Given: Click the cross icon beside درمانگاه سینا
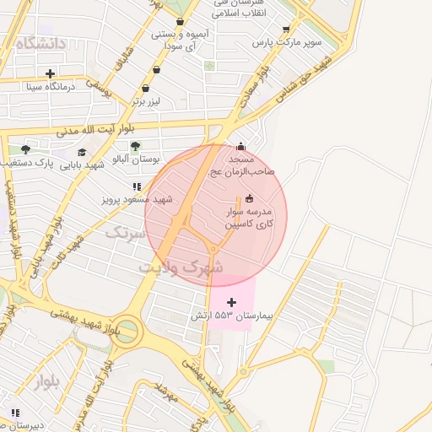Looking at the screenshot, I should pyautogui.click(x=51, y=73).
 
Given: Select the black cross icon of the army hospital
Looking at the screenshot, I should pyautogui.click(x=232, y=301).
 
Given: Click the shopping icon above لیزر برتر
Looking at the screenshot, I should pyautogui.click(x=145, y=88).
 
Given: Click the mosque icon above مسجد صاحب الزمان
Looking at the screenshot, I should pyautogui.click(x=242, y=145).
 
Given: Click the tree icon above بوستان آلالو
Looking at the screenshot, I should pyautogui.click(x=135, y=146).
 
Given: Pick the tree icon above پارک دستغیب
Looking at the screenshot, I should pyautogui.click(x=25, y=149).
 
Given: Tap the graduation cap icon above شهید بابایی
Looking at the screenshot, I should pyautogui.click(x=82, y=152).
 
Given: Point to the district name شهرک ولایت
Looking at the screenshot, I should pyautogui.click(x=181, y=267).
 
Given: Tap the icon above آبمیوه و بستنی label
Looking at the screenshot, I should pyautogui.click(x=179, y=23).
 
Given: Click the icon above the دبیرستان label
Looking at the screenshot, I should pyautogui.click(x=15, y=413).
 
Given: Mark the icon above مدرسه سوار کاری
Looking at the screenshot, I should pyautogui.click(x=248, y=198).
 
